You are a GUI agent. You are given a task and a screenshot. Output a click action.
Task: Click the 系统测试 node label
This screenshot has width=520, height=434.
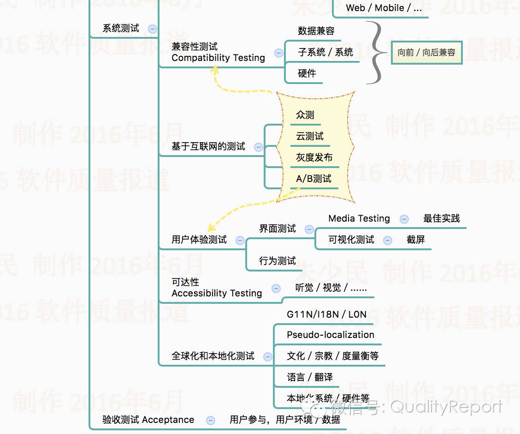click(x=121, y=29)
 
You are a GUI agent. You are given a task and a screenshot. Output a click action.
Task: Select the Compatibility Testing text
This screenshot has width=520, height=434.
click(x=218, y=58)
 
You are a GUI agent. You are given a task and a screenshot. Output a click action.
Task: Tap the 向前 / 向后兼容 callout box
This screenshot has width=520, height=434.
click(x=426, y=53)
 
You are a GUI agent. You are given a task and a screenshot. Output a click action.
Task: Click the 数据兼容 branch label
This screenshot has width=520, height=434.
click(x=316, y=31)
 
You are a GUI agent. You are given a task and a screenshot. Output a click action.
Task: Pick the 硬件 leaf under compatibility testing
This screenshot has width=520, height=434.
click(x=307, y=73)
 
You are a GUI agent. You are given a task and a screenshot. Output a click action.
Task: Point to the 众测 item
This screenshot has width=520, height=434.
click(x=305, y=115)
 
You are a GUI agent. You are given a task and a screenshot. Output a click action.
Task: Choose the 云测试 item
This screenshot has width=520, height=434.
click(x=310, y=136)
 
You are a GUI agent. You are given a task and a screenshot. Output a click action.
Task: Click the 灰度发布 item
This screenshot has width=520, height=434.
click(x=314, y=157)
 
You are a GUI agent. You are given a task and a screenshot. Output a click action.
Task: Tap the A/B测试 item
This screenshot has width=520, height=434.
click(x=313, y=179)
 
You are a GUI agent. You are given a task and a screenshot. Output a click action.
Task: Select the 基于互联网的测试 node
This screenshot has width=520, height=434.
click(x=208, y=147)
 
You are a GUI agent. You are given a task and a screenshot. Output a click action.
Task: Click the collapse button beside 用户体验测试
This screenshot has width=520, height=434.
click(x=240, y=240)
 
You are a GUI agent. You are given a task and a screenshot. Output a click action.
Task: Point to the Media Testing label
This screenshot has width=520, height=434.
click(x=359, y=219)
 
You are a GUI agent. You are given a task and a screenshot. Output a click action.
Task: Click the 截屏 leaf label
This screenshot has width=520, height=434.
click(x=416, y=240)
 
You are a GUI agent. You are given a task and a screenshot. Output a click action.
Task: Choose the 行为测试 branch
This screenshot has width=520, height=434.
click(x=278, y=261)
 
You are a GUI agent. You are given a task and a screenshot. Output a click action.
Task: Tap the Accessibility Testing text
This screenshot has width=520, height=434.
click(x=217, y=294)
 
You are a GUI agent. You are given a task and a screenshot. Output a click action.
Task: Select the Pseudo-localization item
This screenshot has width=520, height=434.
click(x=331, y=335)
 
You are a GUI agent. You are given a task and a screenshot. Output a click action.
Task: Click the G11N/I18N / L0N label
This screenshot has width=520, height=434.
click(x=326, y=315)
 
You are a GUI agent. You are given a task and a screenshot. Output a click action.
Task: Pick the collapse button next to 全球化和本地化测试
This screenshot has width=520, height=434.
click(x=267, y=356)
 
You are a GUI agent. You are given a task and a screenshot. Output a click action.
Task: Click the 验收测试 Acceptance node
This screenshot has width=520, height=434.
click(x=148, y=420)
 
